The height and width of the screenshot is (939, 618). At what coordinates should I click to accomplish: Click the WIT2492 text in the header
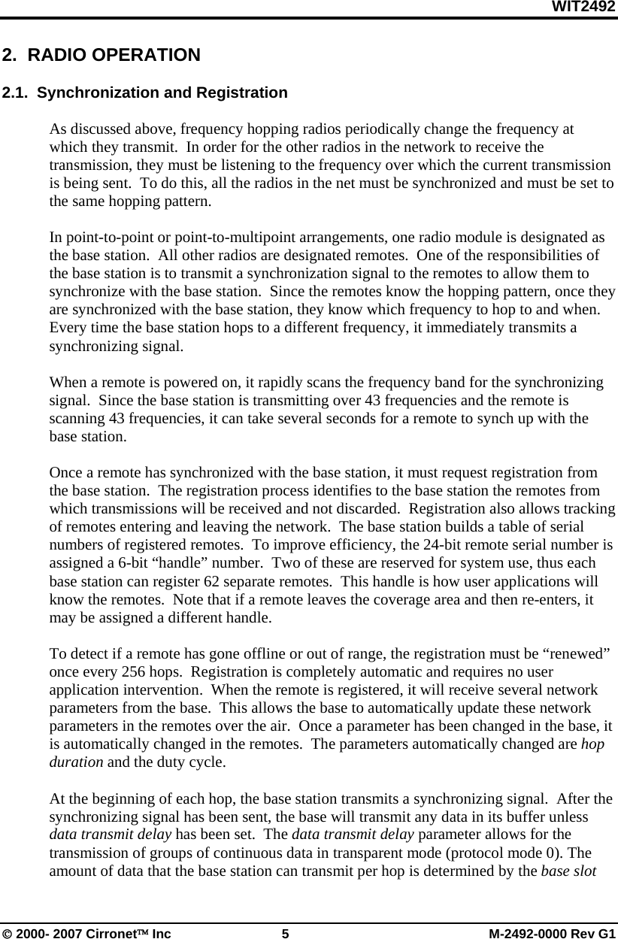[583, 8]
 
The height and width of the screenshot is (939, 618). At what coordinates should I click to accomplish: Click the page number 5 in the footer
[285, 934]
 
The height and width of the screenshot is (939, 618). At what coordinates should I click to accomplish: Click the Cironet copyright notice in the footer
[86, 934]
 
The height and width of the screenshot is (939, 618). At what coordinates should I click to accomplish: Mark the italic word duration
[76, 761]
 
